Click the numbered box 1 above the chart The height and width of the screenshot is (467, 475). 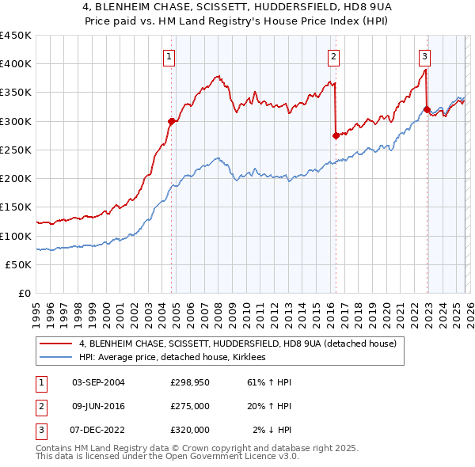point(170,56)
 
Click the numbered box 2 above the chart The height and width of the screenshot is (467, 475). point(334,56)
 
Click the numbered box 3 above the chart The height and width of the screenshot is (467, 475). point(425,56)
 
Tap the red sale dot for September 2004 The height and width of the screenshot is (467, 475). point(171,121)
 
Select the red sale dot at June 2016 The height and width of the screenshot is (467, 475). point(336,135)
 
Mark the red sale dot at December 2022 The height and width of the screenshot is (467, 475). point(427,109)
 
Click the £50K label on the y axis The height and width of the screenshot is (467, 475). point(19,264)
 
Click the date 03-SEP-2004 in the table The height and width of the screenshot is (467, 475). point(98,382)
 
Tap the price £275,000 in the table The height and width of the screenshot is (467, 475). point(190,406)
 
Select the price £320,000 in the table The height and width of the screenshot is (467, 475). point(190,430)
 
